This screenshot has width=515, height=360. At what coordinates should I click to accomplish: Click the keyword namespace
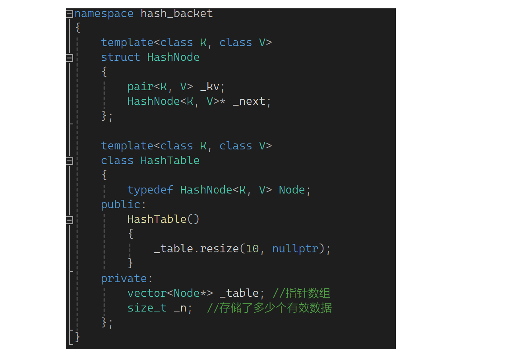point(104,14)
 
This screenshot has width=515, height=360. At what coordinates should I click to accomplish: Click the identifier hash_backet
point(177,14)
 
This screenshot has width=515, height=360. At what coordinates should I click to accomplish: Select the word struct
point(120,57)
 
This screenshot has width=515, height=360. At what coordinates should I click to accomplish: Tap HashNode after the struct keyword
point(173,57)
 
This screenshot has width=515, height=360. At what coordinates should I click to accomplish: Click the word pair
point(140,87)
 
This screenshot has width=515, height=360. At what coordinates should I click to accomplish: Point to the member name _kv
point(210,87)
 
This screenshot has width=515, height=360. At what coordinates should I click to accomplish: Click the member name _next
point(249,101)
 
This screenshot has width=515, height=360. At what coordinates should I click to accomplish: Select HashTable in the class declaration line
point(170,161)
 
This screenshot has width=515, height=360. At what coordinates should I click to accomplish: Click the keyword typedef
point(150,190)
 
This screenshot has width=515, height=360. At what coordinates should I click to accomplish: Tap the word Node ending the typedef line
point(292,190)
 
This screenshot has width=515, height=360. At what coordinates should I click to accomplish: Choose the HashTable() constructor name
point(157,219)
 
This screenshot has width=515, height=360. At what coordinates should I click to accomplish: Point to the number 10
point(252,249)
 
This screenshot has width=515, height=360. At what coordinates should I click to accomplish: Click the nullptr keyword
point(295,249)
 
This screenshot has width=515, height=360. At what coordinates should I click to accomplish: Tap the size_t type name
point(147,308)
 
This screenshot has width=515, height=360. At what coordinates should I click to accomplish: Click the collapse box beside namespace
point(70,14)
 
